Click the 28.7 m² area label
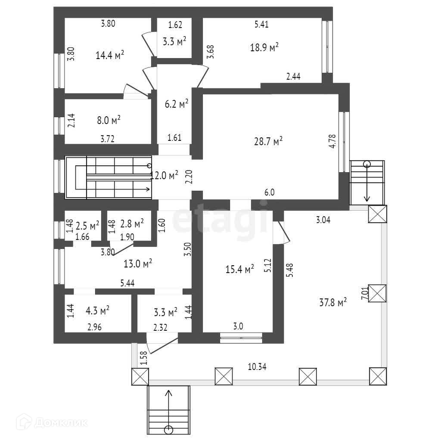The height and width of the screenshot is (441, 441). coord(268,141)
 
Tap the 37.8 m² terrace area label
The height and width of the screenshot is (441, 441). coord(332,303)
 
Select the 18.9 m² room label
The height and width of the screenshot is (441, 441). coord(264,47)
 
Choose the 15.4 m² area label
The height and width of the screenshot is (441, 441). coord(239,270)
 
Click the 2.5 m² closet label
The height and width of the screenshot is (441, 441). coord(87,225)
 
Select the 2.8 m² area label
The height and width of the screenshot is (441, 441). coord(131,224)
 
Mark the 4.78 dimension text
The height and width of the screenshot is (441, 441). coord(332,142)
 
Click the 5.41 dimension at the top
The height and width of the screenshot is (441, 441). coord(261,25)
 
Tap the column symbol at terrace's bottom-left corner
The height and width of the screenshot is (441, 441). coord(140,377)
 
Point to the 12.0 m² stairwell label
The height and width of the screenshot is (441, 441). coord(164,175)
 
